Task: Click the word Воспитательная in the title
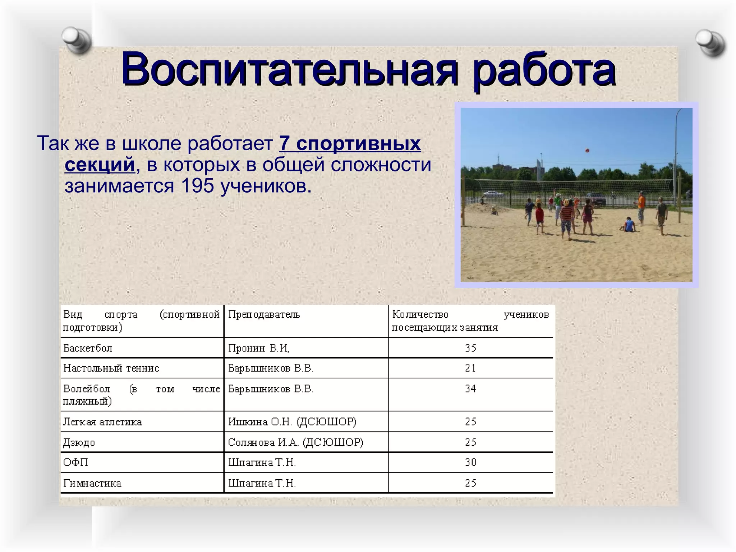289,69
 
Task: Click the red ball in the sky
587,151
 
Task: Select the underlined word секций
100,165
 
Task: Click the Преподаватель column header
264,315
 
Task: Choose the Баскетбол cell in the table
88,348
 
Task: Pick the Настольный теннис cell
111,368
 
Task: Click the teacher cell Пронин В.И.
259,348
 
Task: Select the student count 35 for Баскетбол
470,348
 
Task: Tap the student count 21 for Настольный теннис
470,368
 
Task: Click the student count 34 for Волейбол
470,388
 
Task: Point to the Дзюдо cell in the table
79,442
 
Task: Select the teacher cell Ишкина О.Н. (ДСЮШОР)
292,422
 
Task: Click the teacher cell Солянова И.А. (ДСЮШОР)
295,442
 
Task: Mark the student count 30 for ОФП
470,462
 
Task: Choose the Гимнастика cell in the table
92,483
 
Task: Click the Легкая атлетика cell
102,422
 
